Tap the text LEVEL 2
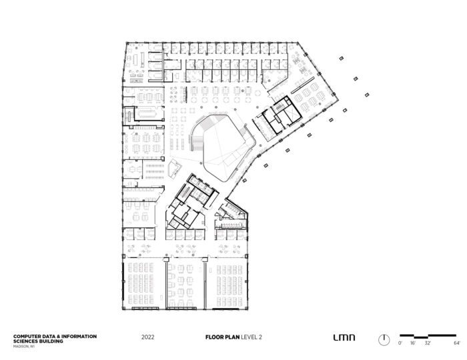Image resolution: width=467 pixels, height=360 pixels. (x=252, y=337)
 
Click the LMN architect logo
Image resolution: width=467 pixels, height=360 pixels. (x=344, y=337)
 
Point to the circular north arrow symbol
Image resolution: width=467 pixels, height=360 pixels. (x=384, y=339)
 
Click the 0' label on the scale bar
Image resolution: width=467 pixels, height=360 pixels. (x=400, y=342)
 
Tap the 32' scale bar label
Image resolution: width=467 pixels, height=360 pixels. (x=429, y=342)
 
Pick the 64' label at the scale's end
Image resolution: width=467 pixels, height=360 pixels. (x=457, y=342)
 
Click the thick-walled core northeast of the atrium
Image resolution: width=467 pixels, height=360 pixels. (x=281, y=113)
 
